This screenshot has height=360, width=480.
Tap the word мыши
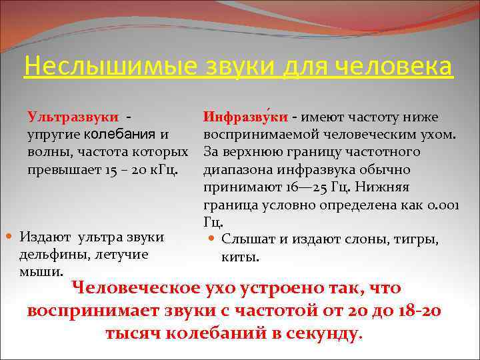tap(41, 271)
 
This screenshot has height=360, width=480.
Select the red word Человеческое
tap(137, 289)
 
